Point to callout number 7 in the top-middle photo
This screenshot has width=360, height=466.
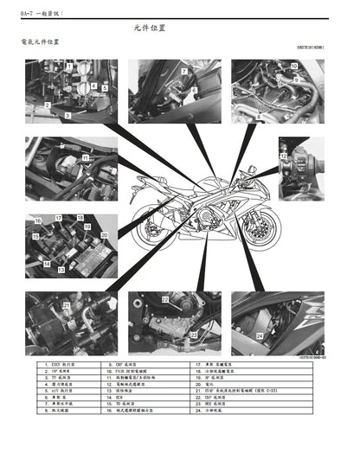tap(184, 71)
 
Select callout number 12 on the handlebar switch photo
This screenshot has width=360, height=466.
tap(284, 155)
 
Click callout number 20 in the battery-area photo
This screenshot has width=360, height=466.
tap(104, 234)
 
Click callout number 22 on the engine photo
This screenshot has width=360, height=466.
tap(164, 299)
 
